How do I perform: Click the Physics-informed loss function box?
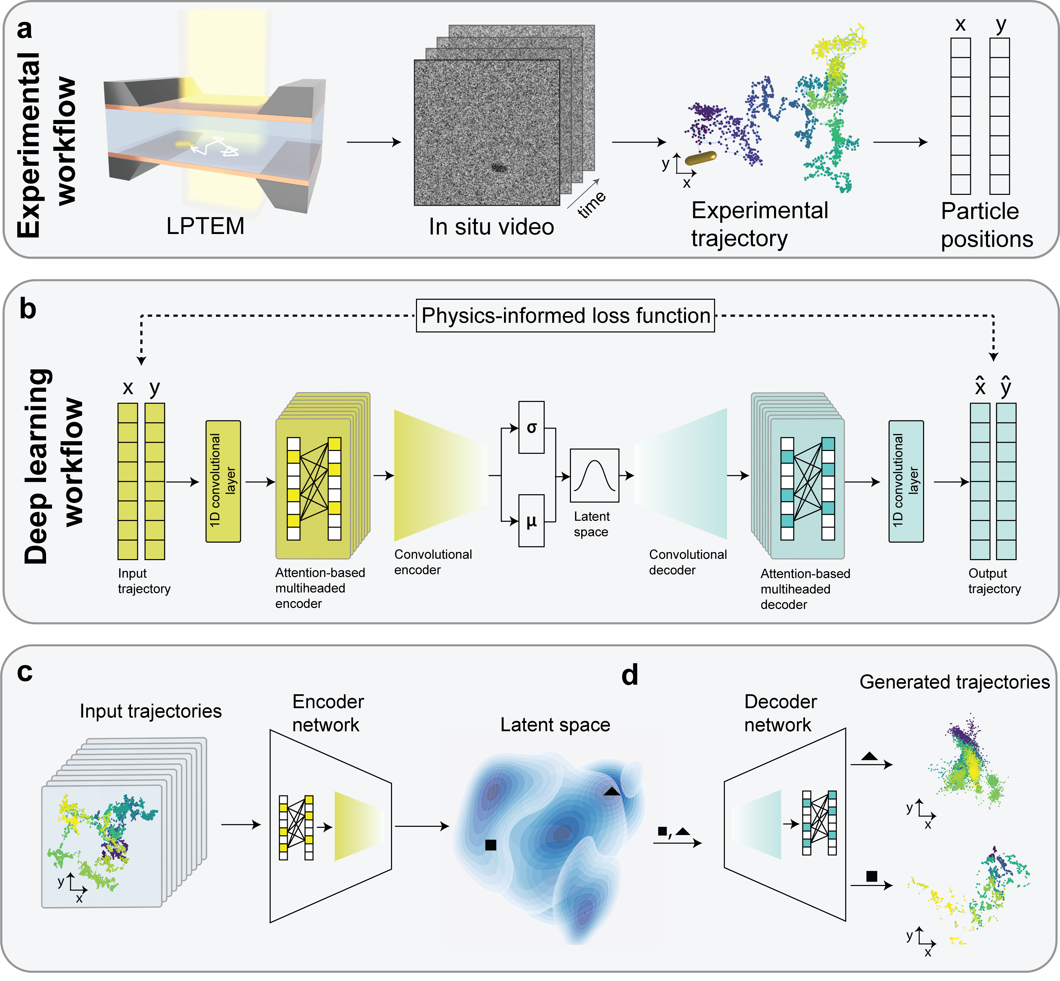[565, 316]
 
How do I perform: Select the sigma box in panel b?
[531, 427]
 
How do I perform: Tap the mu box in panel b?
[531, 521]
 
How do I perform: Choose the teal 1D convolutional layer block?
[906, 481]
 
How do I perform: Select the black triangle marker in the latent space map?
[612, 792]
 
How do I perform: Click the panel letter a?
[24, 29]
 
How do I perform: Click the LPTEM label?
[205, 226]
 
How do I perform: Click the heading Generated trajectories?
[954, 682]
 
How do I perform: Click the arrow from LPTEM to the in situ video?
[374, 142]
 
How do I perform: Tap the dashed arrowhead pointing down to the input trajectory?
[141, 361]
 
